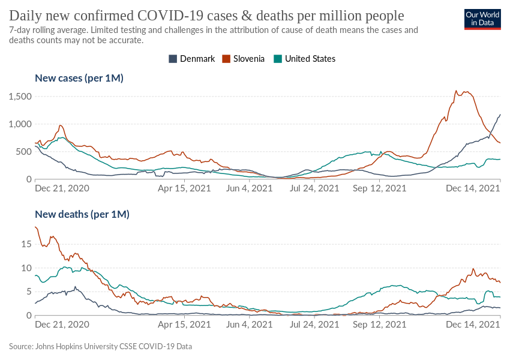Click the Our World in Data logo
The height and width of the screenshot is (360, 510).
click(483, 19)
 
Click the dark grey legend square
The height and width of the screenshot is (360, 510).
click(173, 58)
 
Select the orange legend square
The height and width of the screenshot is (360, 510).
click(226, 58)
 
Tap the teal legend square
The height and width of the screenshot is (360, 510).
click(278, 58)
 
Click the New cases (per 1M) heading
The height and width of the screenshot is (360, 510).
click(79, 78)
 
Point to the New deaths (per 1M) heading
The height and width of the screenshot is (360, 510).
click(82, 214)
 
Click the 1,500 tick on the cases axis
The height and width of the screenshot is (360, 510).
click(20, 97)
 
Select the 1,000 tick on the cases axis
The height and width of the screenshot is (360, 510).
click(20, 124)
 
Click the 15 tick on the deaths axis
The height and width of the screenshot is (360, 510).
click(25, 244)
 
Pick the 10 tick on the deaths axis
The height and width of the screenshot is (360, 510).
click(25, 268)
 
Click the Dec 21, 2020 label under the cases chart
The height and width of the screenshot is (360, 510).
click(62, 188)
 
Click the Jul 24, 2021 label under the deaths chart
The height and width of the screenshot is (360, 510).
click(315, 324)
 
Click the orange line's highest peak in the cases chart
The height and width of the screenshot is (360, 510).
click(457, 91)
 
